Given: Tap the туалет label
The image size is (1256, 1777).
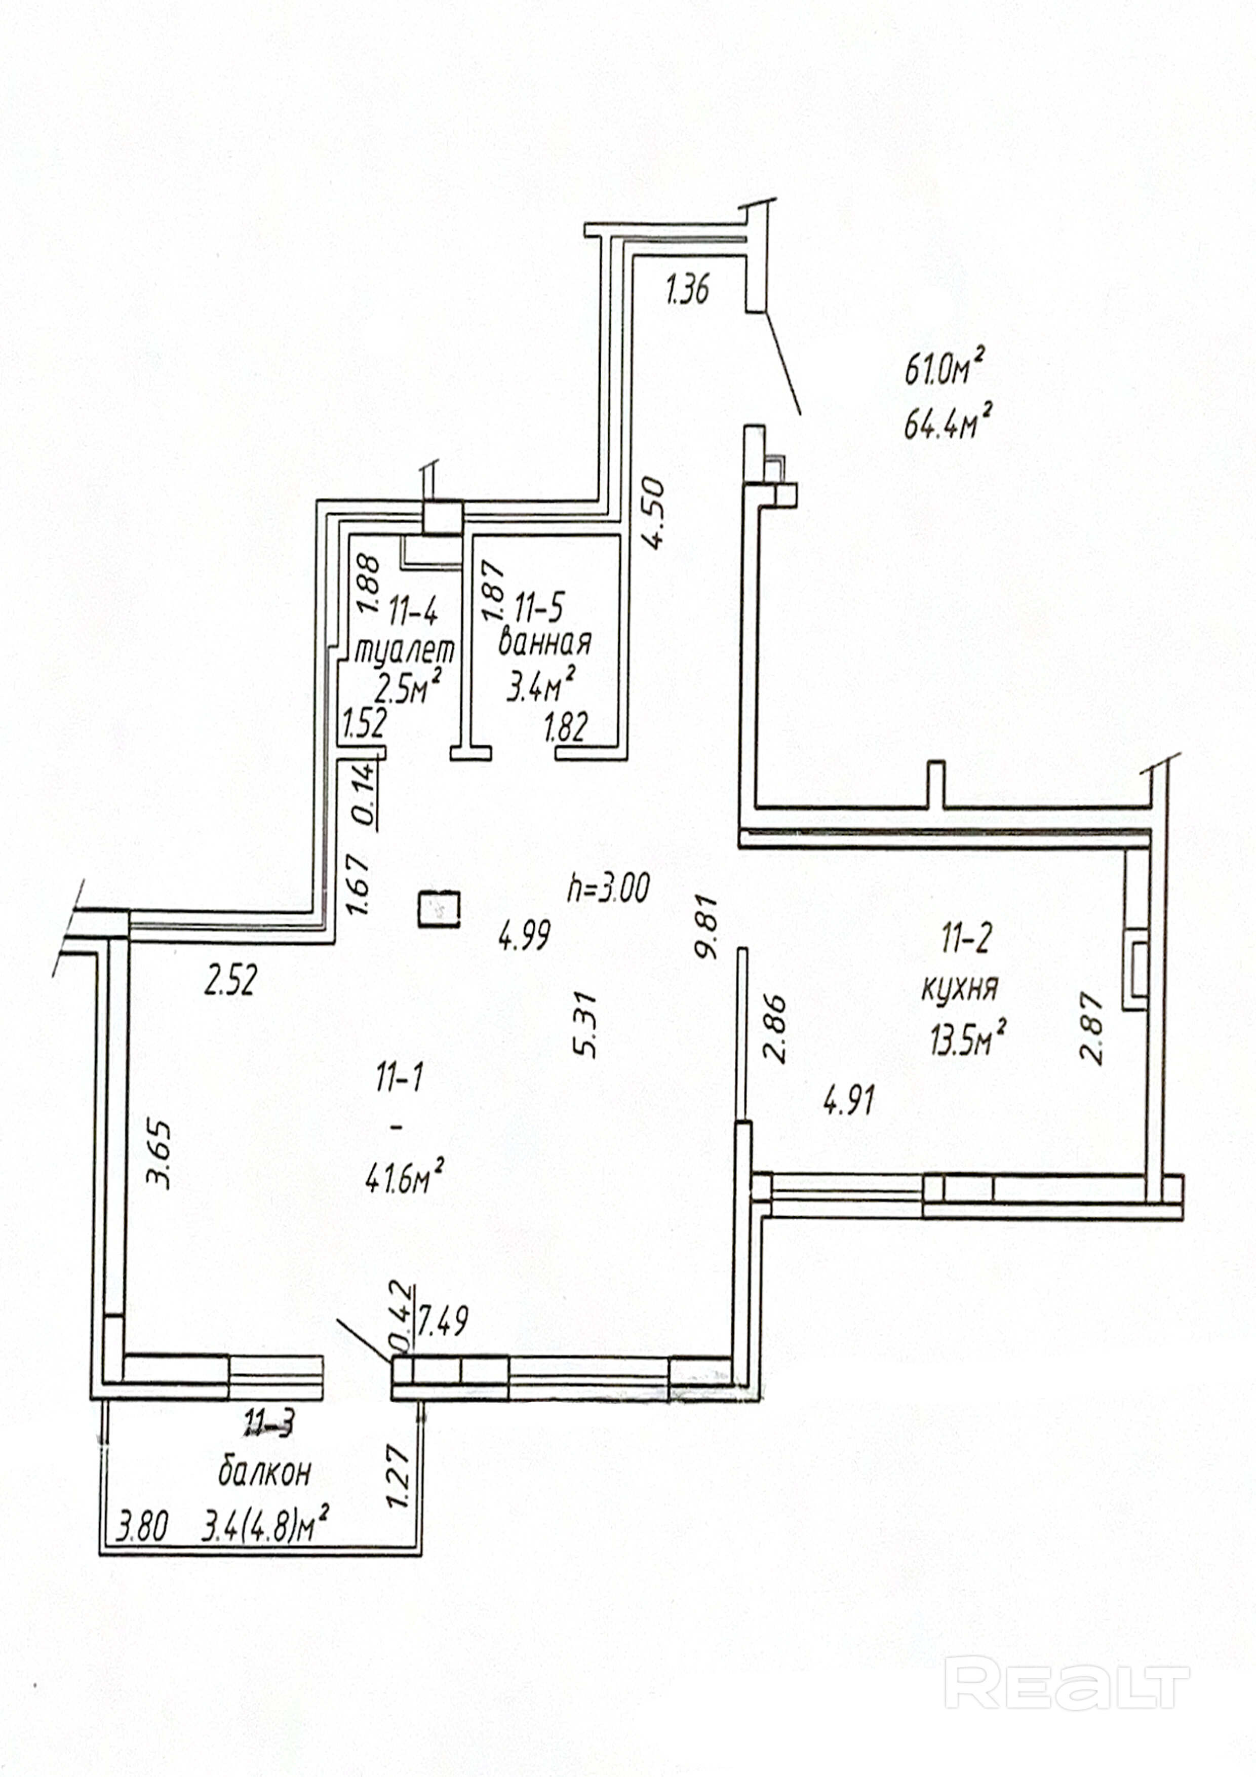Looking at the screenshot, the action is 404,649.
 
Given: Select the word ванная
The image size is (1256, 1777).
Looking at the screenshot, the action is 545,642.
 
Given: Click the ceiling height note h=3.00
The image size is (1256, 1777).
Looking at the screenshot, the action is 608,887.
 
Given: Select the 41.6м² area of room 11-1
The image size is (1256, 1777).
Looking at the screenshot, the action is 404,1182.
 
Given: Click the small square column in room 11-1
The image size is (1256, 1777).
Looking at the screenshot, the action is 439,909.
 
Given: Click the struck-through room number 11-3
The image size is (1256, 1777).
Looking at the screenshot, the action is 268,1422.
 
